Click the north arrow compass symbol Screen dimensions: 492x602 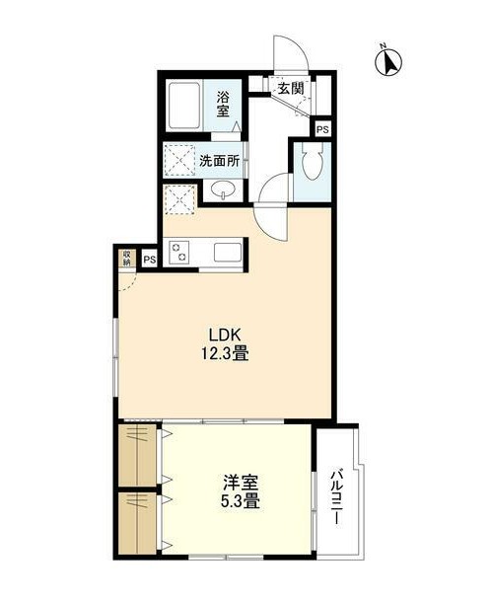point(388,61)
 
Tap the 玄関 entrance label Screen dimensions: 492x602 point(291,89)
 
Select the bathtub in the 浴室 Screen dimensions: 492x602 point(184,106)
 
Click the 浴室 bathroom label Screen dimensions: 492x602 point(223,104)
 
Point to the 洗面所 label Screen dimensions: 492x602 point(219,161)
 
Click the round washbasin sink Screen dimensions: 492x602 point(223,190)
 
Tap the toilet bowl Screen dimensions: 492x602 point(313,165)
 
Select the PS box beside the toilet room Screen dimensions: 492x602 point(322,129)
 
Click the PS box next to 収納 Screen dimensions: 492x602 point(150,260)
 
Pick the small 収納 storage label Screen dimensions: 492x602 point(127,258)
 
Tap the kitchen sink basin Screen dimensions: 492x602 point(228,253)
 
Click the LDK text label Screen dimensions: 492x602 point(225,336)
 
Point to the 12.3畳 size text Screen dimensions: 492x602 point(225,353)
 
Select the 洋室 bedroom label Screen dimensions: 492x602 point(242,483)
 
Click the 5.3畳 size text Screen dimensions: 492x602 point(241,501)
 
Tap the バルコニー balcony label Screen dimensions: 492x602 point(336,496)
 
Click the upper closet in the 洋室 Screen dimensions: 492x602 point(137,455)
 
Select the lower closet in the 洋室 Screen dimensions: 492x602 point(137,523)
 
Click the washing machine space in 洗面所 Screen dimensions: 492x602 point(179,160)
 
